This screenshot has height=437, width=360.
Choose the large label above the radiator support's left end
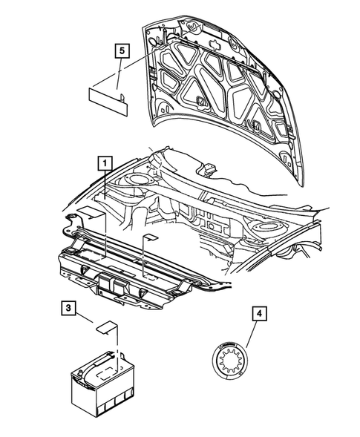(90, 213)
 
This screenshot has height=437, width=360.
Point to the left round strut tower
(137, 180)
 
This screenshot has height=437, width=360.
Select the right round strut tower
(266, 226)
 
